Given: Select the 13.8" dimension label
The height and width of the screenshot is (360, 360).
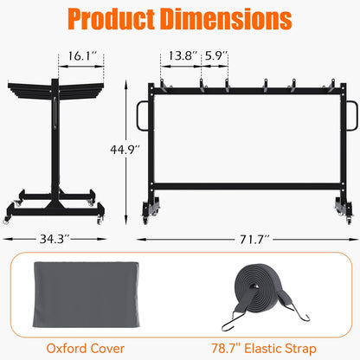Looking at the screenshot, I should [x=177, y=55].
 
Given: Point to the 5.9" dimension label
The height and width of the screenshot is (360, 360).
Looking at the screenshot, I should [x=215, y=55].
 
